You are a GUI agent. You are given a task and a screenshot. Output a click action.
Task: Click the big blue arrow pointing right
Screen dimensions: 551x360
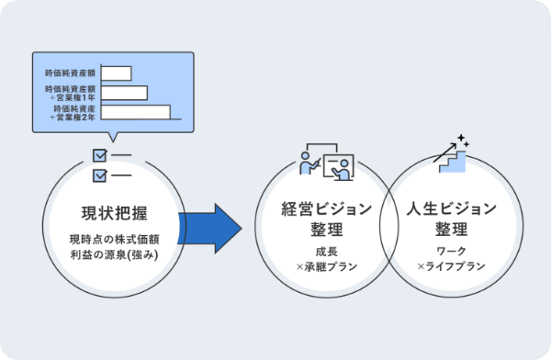coord(211,229)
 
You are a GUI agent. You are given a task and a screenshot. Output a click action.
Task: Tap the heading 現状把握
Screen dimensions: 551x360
coord(115,213)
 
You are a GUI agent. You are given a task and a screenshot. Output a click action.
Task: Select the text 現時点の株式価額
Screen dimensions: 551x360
coord(115,240)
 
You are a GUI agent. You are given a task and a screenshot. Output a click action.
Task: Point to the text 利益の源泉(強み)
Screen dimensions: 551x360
coord(115,254)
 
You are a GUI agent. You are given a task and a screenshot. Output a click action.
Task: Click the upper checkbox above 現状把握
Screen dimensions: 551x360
coord(100,155)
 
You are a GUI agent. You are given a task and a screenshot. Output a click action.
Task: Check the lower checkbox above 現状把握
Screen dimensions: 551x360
coord(100,175)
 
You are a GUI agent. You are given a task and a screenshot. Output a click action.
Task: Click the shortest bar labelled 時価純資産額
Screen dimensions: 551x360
coord(117,73)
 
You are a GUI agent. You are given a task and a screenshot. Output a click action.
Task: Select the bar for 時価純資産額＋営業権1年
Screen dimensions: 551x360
coord(124,93)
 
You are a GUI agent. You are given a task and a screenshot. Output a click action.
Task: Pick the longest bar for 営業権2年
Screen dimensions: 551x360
coord(136,112)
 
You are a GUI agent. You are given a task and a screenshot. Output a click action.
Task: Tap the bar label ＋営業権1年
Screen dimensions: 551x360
coord(73,97)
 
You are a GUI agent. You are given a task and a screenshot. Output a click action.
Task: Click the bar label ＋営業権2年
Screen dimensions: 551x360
coord(73,117)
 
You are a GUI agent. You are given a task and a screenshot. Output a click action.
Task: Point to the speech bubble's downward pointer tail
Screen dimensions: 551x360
coord(113,137)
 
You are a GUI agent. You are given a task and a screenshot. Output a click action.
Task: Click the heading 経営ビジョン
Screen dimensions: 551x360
coord(327,208)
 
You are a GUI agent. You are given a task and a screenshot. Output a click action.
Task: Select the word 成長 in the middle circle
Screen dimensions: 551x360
coord(327,252)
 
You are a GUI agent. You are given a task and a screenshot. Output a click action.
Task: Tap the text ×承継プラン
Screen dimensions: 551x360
coord(327,266)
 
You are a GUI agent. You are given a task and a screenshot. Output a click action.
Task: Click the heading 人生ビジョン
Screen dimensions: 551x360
coord(452,208)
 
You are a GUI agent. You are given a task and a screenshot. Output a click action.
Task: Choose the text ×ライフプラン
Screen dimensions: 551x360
coord(452,266)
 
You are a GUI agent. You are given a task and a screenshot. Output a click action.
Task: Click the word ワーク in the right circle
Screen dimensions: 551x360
coord(452,251)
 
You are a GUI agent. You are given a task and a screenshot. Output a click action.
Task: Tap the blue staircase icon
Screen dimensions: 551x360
coord(453,162)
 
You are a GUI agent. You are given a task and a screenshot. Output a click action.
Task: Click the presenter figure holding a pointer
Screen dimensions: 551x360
coord(309,163)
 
